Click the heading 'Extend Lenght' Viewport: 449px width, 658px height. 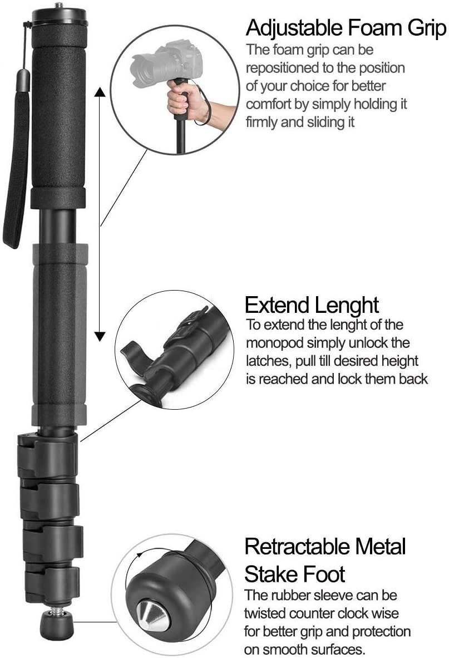pyautogui.click(x=312, y=305)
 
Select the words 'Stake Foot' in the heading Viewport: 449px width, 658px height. pyautogui.click(x=295, y=573)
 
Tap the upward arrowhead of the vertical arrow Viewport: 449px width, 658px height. pyautogui.click(x=100, y=91)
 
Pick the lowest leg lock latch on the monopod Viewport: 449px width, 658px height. pyautogui.click(x=51, y=579)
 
